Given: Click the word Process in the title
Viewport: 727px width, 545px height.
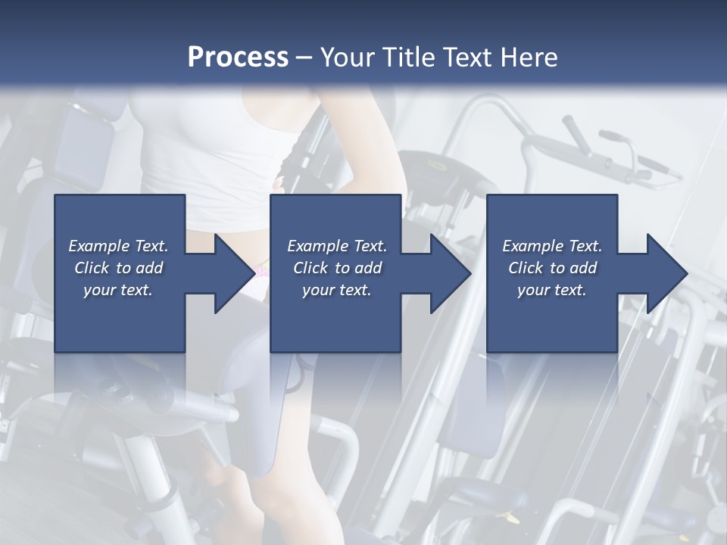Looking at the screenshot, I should coord(238,58).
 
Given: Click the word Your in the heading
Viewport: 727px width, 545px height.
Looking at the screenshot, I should coord(346,58).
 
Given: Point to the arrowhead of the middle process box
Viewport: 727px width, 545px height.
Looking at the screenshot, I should coord(450,273).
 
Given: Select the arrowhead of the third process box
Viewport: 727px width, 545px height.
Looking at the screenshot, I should coord(666,273).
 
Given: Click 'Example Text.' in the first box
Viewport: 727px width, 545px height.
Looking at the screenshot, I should coord(119,246).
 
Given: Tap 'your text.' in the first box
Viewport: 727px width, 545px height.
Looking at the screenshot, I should coord(119,290).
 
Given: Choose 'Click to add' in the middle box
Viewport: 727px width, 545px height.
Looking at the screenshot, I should coord(337,268).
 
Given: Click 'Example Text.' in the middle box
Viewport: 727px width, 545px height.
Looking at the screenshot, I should coord(337,246).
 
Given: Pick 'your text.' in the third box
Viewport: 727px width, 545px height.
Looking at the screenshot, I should coord(552,290).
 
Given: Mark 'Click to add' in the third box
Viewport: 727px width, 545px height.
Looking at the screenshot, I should coord(552,268).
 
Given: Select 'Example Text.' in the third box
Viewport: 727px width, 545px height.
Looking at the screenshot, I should coord(552,246).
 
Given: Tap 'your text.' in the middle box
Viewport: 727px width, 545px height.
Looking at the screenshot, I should coord(337,290).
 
